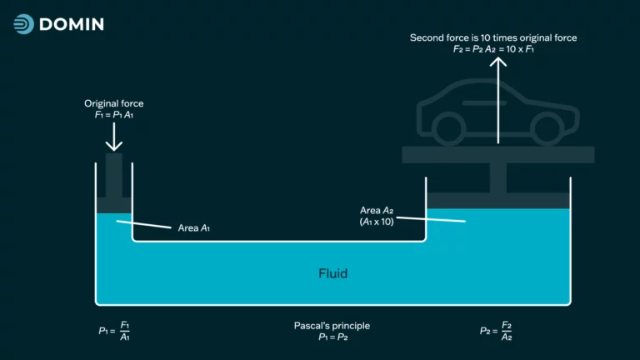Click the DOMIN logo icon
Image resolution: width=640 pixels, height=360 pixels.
tap(23, 24)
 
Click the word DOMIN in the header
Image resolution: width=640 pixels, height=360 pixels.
tap(72, 24)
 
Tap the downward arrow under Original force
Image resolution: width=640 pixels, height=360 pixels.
tap(114, 137)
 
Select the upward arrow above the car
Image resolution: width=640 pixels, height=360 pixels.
tap(498, 100)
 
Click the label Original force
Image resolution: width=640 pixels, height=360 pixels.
tap(114, 103)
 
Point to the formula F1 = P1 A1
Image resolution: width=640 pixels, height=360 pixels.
tap(114, 115)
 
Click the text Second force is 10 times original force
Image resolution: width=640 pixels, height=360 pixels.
tap(493, 38)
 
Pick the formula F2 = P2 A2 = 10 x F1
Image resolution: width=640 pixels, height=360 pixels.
tap(493, 49)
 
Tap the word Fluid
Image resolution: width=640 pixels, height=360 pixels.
tap(333, 273)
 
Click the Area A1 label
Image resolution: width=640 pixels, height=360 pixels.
tap(194, 228)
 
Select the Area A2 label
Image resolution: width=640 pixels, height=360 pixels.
tap(377, 210)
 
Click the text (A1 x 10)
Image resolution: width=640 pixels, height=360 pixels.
tap(377, 222)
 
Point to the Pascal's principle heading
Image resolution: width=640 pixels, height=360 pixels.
tap(332, 326)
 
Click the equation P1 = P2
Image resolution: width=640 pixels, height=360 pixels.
tap(333, 337)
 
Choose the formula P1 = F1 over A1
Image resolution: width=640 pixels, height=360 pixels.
tap(114, 331)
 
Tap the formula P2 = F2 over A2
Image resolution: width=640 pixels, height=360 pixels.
tap(496, 331)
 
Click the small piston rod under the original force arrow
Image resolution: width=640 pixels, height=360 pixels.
tap(114, 176)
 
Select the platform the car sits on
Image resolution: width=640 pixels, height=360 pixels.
tap(498, 155)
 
